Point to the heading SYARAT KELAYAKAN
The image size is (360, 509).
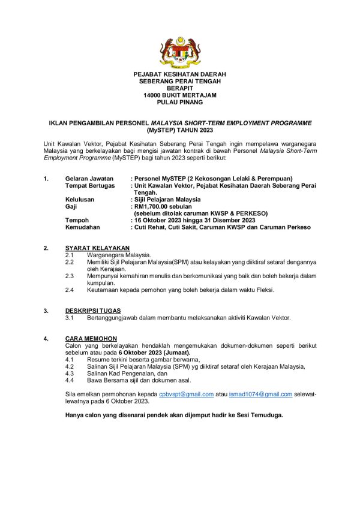97,248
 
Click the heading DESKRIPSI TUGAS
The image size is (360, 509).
93,311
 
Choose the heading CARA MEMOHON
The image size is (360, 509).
91,339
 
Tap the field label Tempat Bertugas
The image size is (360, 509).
89,186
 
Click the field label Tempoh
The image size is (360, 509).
77,220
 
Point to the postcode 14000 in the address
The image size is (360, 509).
153,95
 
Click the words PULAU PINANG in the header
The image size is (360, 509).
179,103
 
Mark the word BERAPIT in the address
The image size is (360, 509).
179,88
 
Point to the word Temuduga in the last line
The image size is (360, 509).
266,415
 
